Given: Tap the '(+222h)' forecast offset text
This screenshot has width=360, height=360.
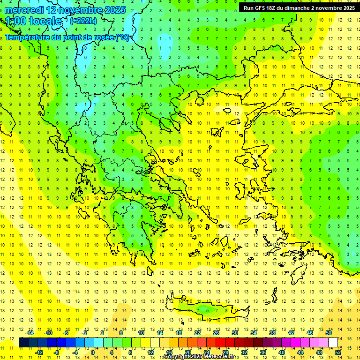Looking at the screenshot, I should tap(83, 21).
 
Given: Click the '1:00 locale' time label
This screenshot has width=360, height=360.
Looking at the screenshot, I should tap(33, 21).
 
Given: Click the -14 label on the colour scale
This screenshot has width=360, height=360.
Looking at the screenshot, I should tap(29, 333).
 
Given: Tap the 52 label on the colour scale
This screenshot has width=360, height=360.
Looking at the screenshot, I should tap(338, 352).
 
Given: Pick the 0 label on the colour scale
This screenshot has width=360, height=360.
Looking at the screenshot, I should tap(92, 352).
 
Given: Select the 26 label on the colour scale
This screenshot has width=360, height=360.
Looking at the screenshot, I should tap(216, 333).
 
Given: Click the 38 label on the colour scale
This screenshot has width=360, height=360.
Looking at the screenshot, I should tap(272, 333).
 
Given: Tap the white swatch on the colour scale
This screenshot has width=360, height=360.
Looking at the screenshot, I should tap(333, 343).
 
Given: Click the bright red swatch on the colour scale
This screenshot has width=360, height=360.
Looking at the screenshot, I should tap(220, 343).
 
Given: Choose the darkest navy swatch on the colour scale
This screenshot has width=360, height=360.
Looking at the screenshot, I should tap(23, 343).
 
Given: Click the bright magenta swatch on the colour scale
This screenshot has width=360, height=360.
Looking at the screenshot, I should tap(295, 343).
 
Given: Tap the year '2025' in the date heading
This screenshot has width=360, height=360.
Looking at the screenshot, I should tap(112, 10).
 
